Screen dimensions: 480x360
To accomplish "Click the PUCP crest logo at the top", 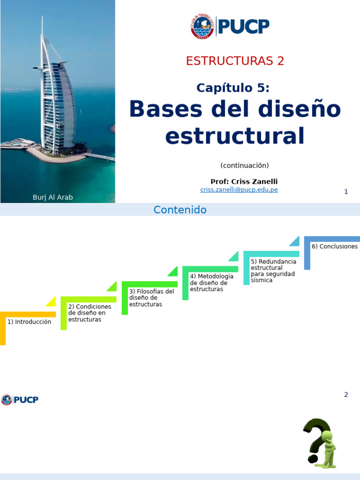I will pos(202,26).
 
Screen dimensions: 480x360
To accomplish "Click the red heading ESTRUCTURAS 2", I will pos(235,61).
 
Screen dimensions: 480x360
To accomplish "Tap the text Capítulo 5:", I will pos(233,88).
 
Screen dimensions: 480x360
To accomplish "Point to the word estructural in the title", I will pos(235,135).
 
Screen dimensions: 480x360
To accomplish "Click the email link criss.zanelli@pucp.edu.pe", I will pos(239,189).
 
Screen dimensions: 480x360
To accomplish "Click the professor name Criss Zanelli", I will pos(257,181).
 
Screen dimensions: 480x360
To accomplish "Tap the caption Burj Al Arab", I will pos(52,197).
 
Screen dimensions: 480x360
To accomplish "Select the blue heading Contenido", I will pos(180,210).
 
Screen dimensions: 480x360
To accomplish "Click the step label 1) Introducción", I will pos(29,322).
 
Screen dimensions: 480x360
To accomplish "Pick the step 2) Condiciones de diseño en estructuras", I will pos(90,313).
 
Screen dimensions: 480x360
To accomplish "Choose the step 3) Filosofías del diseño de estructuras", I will pos(151,298).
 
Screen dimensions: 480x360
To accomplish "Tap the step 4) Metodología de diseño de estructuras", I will pos(211,283).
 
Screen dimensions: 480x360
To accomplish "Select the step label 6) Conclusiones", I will pos(334,247).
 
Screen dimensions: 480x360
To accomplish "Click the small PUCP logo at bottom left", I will pos(20,400).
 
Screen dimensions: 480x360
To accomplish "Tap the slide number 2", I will pos(346,395).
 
